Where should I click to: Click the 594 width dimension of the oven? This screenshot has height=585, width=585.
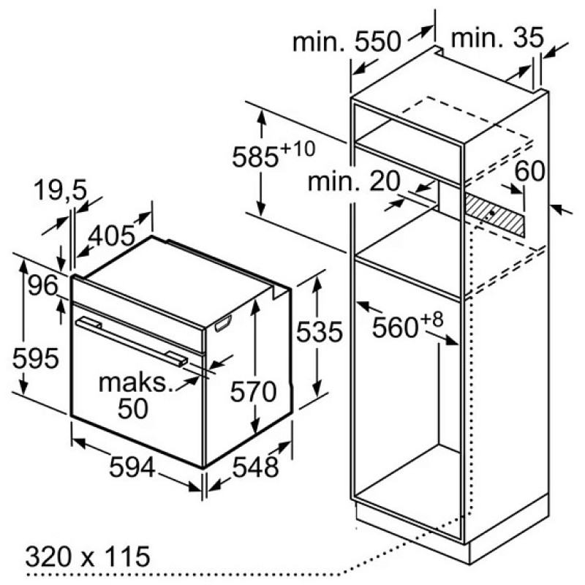132,467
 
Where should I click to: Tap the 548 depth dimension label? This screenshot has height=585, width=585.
255,467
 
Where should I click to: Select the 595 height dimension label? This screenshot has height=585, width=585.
35,358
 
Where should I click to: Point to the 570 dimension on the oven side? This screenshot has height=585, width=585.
253,391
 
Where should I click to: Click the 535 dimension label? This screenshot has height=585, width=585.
320,332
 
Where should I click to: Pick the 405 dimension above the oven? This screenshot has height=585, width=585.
111,235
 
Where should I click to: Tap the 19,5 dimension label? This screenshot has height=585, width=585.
60,190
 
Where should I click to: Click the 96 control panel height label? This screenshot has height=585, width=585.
43,285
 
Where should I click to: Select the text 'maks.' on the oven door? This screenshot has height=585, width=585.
136,382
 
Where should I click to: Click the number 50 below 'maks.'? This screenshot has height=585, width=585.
133,409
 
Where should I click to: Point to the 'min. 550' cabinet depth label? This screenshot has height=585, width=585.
347,42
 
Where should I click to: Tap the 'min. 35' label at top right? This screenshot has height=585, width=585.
497,38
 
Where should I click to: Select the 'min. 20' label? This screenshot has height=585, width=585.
354,181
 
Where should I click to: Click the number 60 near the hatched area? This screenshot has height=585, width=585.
529,171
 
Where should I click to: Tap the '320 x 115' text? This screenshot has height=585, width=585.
88,556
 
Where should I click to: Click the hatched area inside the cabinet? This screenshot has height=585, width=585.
495,215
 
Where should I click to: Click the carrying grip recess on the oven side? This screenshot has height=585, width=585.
223,322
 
